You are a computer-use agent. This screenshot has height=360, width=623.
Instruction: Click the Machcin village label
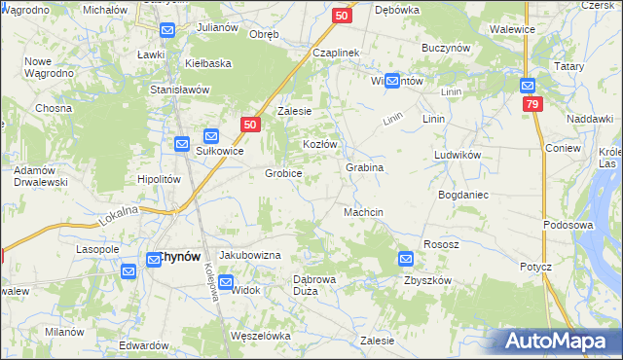click(x=363, y=212)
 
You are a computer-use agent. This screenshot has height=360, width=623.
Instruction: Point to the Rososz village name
click(x=440, y=244)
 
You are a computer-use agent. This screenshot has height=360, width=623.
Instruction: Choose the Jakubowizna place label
click(x=249, y=254)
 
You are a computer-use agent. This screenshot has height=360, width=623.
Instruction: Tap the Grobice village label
click(x=283, y=173)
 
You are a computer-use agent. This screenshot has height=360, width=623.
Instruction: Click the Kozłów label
click(x=319, y=144)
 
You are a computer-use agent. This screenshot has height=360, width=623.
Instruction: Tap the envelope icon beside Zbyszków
click(x=406, y=259)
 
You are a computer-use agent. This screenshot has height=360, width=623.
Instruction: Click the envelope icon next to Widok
click(x=226, y=283)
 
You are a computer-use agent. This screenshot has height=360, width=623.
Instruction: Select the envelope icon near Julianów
click(x=167, y=30)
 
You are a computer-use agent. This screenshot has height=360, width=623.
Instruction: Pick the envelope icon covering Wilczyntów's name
click(x=392, y=82)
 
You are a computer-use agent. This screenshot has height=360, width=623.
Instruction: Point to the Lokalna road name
click(x=118, y=216)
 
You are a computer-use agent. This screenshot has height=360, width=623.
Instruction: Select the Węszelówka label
click(x=260, y=336)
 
